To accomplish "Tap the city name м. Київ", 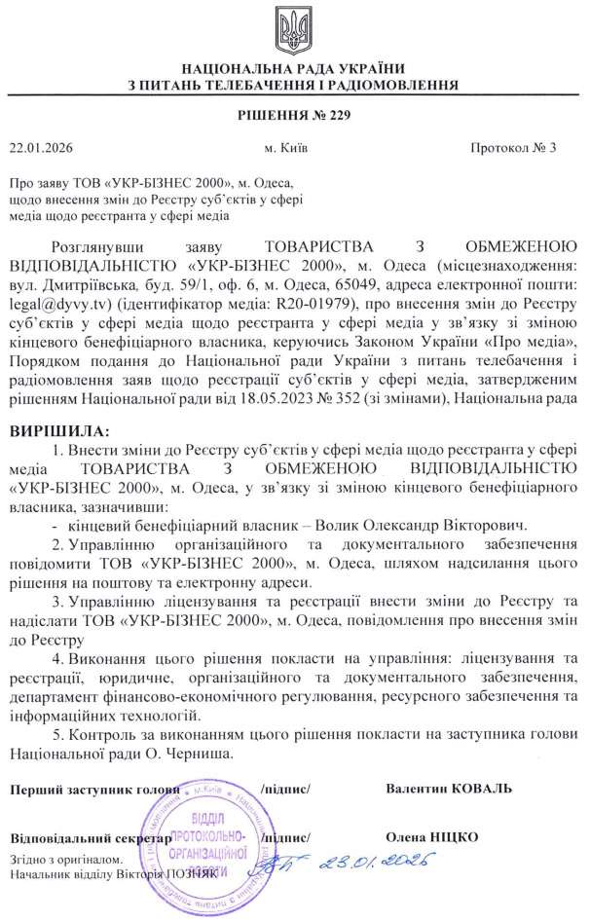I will tap(288, 149).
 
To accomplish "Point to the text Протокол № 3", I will tap(512, 149).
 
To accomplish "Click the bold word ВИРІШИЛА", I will tap(59, 429).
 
